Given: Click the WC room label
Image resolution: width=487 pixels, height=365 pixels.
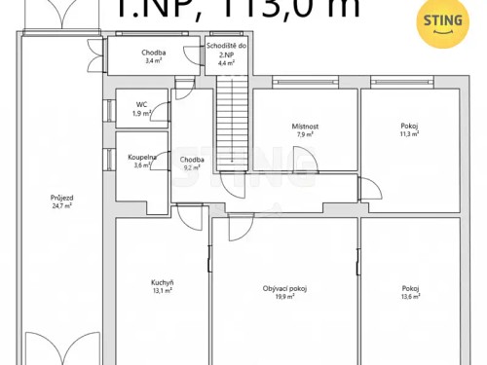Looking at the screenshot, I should click(x=141, y=104).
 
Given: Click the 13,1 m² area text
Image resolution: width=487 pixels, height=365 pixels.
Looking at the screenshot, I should click(x=162, y=290).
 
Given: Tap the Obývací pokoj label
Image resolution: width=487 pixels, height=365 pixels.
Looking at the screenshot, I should click(x=284, y=288).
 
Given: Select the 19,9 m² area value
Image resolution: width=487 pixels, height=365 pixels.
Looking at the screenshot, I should click(x=284, y=297).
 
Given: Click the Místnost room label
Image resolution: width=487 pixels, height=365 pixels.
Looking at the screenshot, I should click(x=306, y=127).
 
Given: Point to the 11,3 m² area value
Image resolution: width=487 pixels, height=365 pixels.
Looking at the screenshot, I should click(x=409, y=135).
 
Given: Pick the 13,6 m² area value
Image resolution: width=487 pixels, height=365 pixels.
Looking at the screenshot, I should click(x=409, y=297).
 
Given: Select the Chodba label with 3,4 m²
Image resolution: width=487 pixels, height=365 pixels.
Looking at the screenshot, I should click(x=152, y=53).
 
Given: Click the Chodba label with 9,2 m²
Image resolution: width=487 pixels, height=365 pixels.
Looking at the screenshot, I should click(x=192, y=160).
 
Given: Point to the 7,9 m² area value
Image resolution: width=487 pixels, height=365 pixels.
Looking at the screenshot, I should click(x=306, y=135).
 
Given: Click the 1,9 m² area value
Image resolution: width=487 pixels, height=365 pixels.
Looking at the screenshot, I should click(x=141, y=113).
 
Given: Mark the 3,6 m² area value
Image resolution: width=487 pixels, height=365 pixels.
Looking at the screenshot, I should click(x=141, y=164).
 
